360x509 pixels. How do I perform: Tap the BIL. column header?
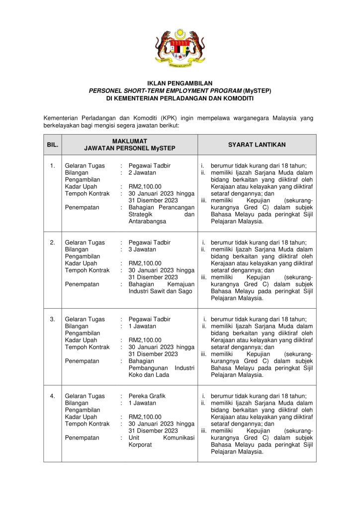(x=53, y=145)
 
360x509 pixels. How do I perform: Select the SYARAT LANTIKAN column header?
(x=257, y=145)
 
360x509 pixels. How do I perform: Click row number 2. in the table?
(x=53, y=243)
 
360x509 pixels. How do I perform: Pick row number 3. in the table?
(x=53, y=319)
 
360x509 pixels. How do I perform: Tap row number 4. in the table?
(x=53, y=396)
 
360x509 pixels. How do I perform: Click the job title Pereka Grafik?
(x=147, y=396)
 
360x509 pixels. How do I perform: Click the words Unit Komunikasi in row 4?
(x=161, y=438)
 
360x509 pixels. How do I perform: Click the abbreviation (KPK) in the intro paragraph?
(x=172, y=118)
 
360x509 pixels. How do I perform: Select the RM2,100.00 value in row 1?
(x=145, y=187)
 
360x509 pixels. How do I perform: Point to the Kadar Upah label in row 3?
(x=81, y=340)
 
